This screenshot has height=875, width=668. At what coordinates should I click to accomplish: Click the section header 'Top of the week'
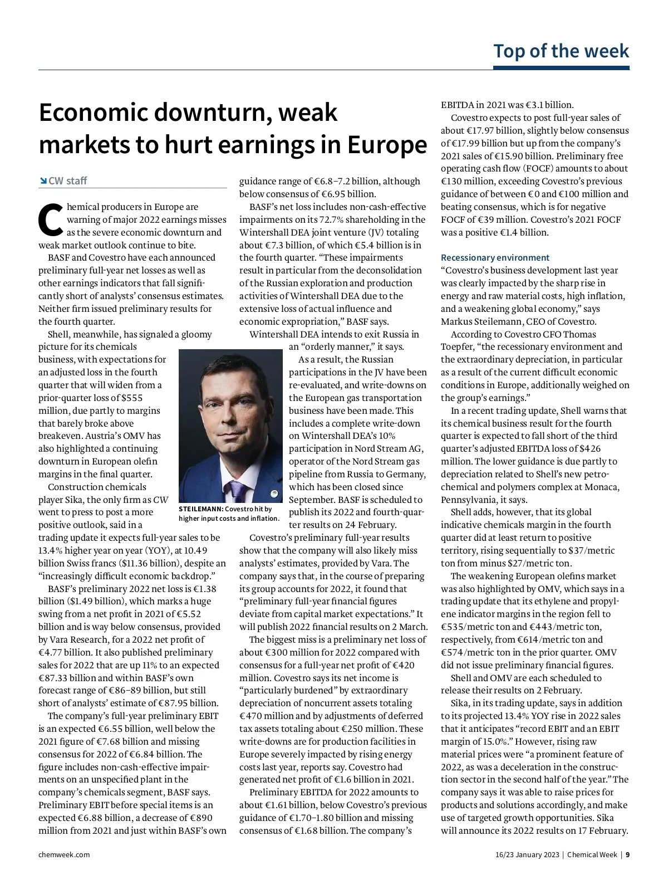(561, 51)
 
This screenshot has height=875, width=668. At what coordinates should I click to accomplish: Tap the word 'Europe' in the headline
(387, 145)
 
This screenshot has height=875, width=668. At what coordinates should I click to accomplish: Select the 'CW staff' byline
(68, 181)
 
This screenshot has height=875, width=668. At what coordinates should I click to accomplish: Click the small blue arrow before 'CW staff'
(43, 181)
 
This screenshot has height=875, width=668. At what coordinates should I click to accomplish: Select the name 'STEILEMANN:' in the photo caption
(201, 509)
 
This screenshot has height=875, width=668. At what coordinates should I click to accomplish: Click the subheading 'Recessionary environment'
(495, 258)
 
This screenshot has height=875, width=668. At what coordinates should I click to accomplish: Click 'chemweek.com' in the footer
(64, 854)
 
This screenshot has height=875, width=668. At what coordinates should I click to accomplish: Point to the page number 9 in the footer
(627, 854)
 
